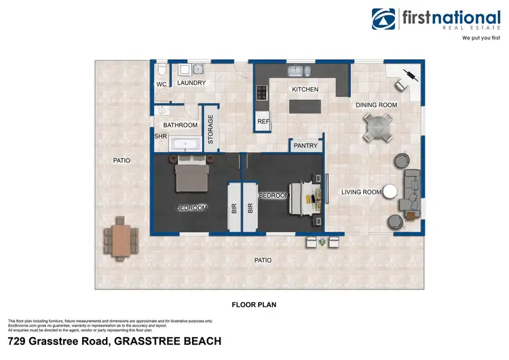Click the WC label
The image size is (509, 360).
[x=162, y=84]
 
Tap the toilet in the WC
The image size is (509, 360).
[x=160, y=70]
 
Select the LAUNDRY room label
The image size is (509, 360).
[x=191, y=83]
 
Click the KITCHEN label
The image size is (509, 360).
[x=305, y=89]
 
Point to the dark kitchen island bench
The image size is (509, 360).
[x=305, y=107]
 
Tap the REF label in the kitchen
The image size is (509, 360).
[x=263, y=122]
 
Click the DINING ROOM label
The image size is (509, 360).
[x=376, y=105]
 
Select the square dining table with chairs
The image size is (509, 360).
[x=378, y=126]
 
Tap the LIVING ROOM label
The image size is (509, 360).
[x=361, y=192]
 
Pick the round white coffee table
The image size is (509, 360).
[x=390, y=192]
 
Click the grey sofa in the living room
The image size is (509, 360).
[x=412, y=191]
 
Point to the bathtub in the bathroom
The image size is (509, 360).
[x=184, y=143]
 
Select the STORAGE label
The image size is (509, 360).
[x=210, y=128]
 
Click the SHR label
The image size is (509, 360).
[x=161, y=136]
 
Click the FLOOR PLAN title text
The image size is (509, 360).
[x=254, y=304]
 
